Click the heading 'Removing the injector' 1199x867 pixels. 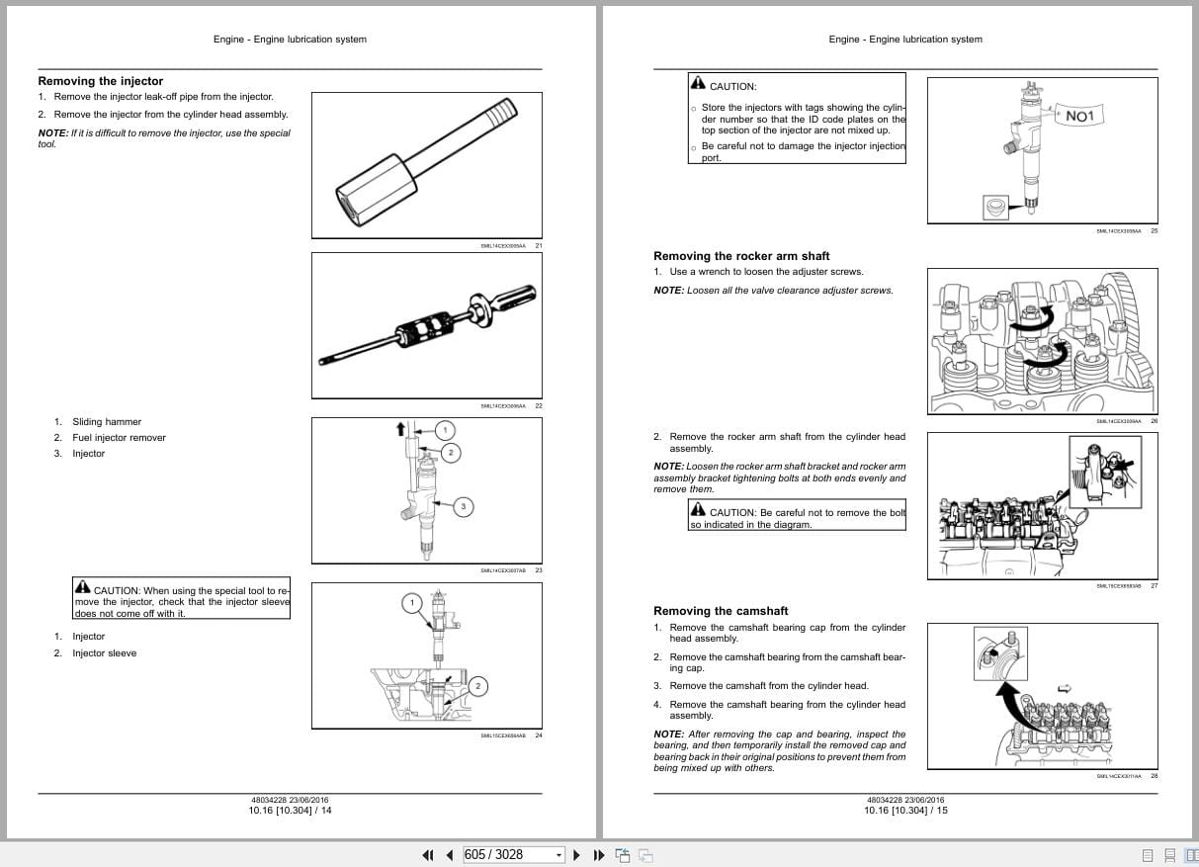(x=100, y=81)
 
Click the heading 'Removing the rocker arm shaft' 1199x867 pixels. (x=741, y=256)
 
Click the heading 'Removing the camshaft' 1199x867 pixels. (x=721, y=611)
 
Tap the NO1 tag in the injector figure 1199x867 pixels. (x=1079, y=117)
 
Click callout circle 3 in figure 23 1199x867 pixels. (x=464, y=506)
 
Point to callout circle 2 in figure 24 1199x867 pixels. (x=477, y=685)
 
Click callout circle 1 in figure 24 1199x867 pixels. (x=412, y=602)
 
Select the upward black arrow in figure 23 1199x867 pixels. (x=401, y=428)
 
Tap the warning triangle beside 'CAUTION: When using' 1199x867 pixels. (x=82, y=588)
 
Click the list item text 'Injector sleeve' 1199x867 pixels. (x=104, y=653)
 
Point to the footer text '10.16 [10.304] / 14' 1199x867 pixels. (x=290, y=811)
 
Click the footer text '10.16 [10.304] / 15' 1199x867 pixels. (x=904, y=811)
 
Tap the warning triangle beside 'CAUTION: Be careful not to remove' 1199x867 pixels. (x=698, y=511)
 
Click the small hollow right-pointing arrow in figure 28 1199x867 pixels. (x=1065, y=688)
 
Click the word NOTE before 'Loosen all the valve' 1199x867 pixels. (x=668, y=291)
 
